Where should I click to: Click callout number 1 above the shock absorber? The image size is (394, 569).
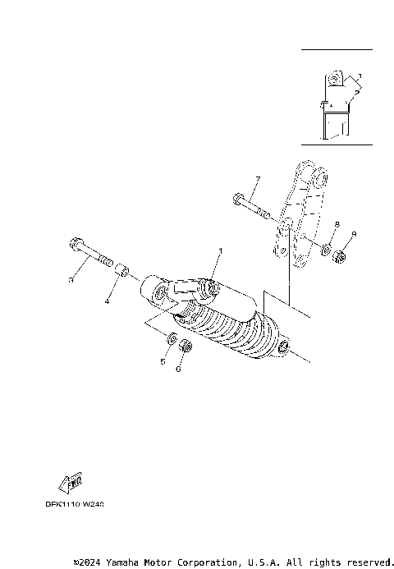click(220, 250)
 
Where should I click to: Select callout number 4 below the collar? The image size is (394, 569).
click(107, 301)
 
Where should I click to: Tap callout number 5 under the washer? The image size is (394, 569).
click(163, 360)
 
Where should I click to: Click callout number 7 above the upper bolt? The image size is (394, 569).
click(257, 179)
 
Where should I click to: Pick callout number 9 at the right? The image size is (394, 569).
click(354, 234)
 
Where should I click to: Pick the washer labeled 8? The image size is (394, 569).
click(326, 249)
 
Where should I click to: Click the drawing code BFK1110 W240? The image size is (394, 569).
click(75, 505)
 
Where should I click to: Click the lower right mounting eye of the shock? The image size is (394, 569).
click(285, 350)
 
